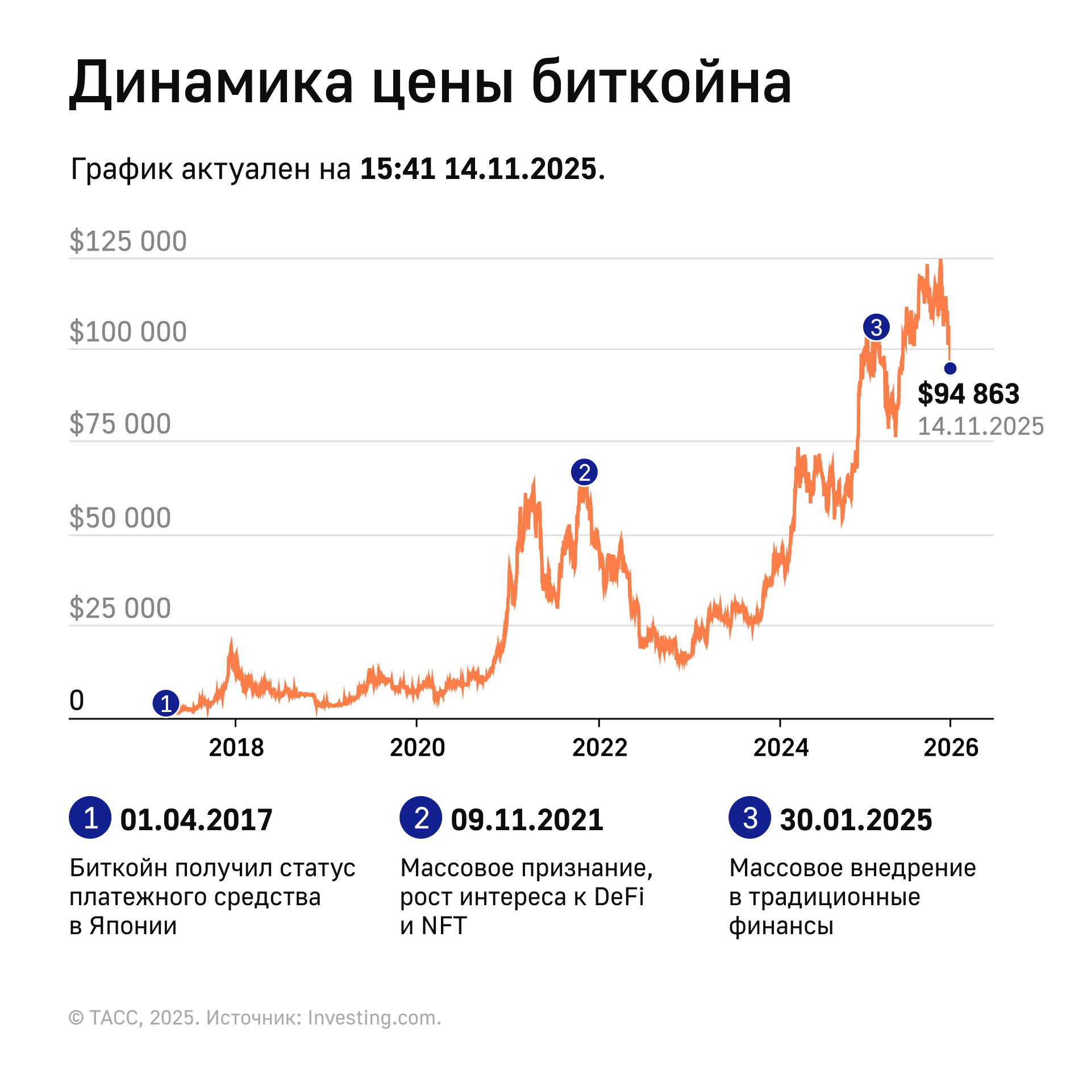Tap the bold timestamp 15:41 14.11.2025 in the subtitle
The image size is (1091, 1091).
(x=478, y=169)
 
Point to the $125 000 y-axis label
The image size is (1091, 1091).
(x=128, y=241)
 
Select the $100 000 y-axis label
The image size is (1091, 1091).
(x=128, y=332)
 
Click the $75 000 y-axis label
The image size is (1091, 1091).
(x=120, y=424)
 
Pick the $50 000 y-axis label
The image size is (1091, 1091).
(x=120, y=518)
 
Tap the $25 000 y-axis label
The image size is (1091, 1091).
(x=120, y=609)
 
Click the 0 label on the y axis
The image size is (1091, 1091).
(x=77, y=701)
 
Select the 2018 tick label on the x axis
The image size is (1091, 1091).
(x=236, y=748)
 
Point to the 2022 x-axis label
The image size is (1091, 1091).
(x=599, y=748)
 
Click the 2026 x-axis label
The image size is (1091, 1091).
(x=951, y=748)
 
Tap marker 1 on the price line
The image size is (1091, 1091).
(x=166, y=703)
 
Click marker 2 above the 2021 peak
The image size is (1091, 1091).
(x=584, y=472)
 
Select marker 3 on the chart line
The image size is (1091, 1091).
(x=876, y=327)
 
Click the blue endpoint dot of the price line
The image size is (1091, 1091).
(x=950, y=369)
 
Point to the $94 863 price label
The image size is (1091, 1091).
(x=968, y=394)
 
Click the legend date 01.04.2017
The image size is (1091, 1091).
(x=196, y=820)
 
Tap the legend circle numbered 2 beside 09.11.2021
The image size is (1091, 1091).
(x=420, y=818)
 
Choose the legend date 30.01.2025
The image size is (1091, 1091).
(x=856, y=820)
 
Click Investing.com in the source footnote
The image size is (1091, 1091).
(x=374, y=1018)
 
